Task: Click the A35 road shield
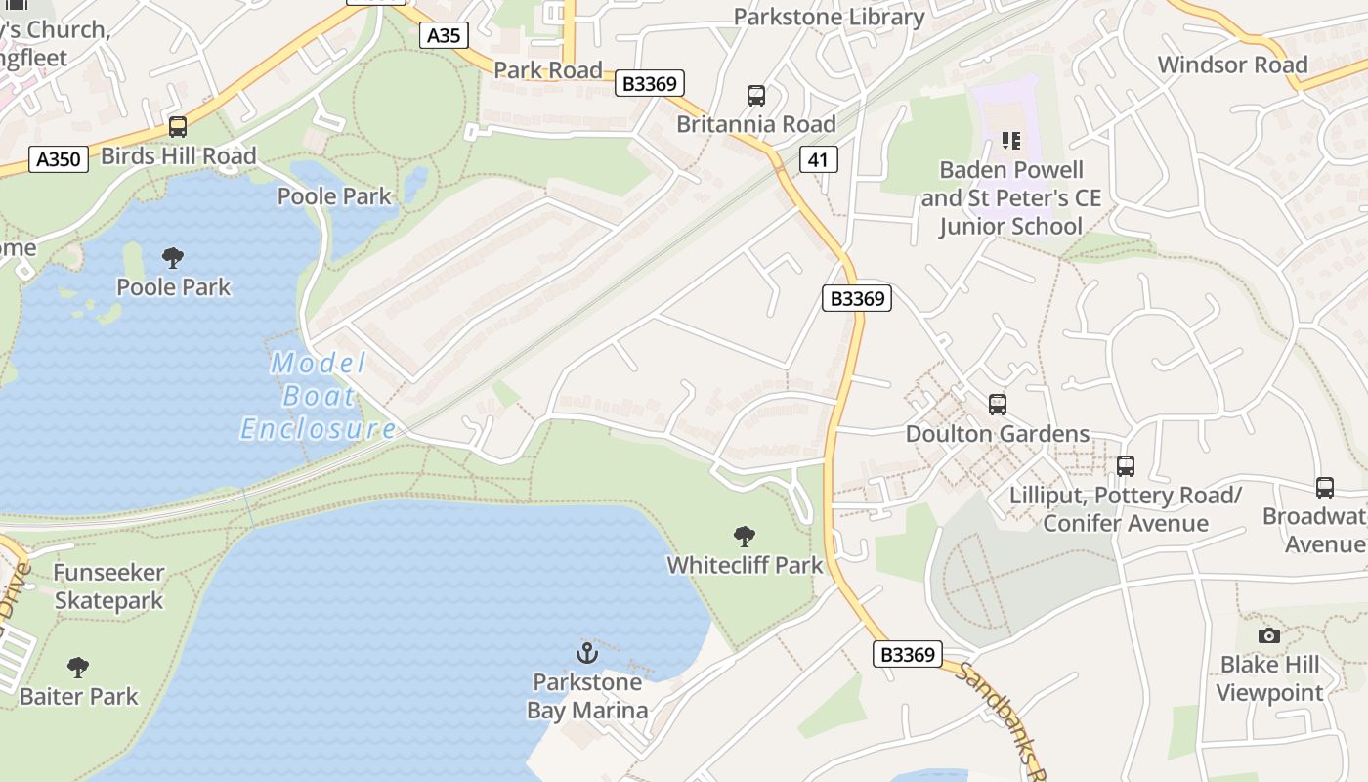click(445, 36)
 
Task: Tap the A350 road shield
click(59, 158)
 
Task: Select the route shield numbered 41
click(819, 159)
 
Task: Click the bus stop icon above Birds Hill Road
click(178, 127)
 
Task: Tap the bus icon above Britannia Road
click(756, 96)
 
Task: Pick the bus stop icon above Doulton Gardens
click(998, 404)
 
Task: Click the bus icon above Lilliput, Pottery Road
click(1126, 466)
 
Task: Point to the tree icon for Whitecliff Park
click(745, 536)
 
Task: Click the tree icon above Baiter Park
click(78, 668)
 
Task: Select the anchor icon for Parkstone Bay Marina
click(587, 652)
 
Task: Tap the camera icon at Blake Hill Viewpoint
click(1269, 635)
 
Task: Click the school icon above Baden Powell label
click(1011, 141)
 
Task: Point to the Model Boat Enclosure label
click(319, 396)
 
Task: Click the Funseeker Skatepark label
click(108, 586)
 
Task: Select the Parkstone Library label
click(829, 17)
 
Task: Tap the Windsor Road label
click(1232, 65)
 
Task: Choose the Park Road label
click(548, 70)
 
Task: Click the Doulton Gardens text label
click(998, 434)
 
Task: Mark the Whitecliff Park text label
click(745, 565)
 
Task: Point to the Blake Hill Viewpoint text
click(1269, 678)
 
